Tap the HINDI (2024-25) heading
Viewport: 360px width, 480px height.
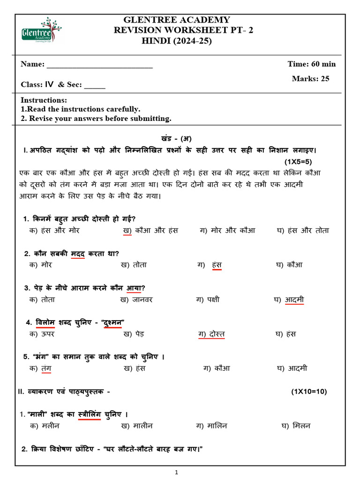177,41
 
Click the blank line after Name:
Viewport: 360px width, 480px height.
99,64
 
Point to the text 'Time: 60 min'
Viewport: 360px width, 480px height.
311,64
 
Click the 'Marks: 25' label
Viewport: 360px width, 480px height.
310,79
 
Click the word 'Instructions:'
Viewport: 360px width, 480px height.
44,100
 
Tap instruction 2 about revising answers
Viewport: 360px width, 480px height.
96,118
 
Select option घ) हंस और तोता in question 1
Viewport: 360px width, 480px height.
303,231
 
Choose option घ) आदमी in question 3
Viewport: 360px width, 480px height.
289,300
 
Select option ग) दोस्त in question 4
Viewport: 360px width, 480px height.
211,334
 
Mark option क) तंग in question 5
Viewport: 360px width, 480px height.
40,368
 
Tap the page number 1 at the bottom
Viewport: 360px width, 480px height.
176,473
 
